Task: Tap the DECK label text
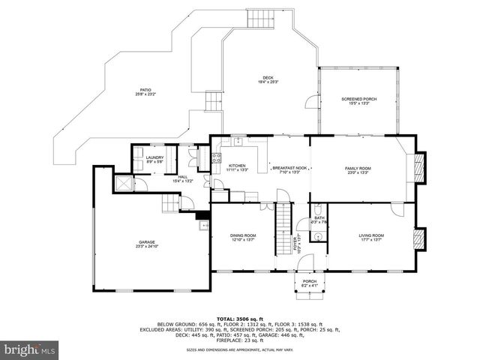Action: [268, 77]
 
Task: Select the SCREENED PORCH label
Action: [359, 99]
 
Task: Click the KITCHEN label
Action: [237, 166]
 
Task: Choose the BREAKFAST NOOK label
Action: [289, 168]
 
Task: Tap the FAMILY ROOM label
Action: [358, 169]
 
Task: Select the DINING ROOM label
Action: [243, 237]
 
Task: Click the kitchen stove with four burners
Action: [216, 157]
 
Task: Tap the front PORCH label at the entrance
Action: [310, 282]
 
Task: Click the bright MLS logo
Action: [30, 349]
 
